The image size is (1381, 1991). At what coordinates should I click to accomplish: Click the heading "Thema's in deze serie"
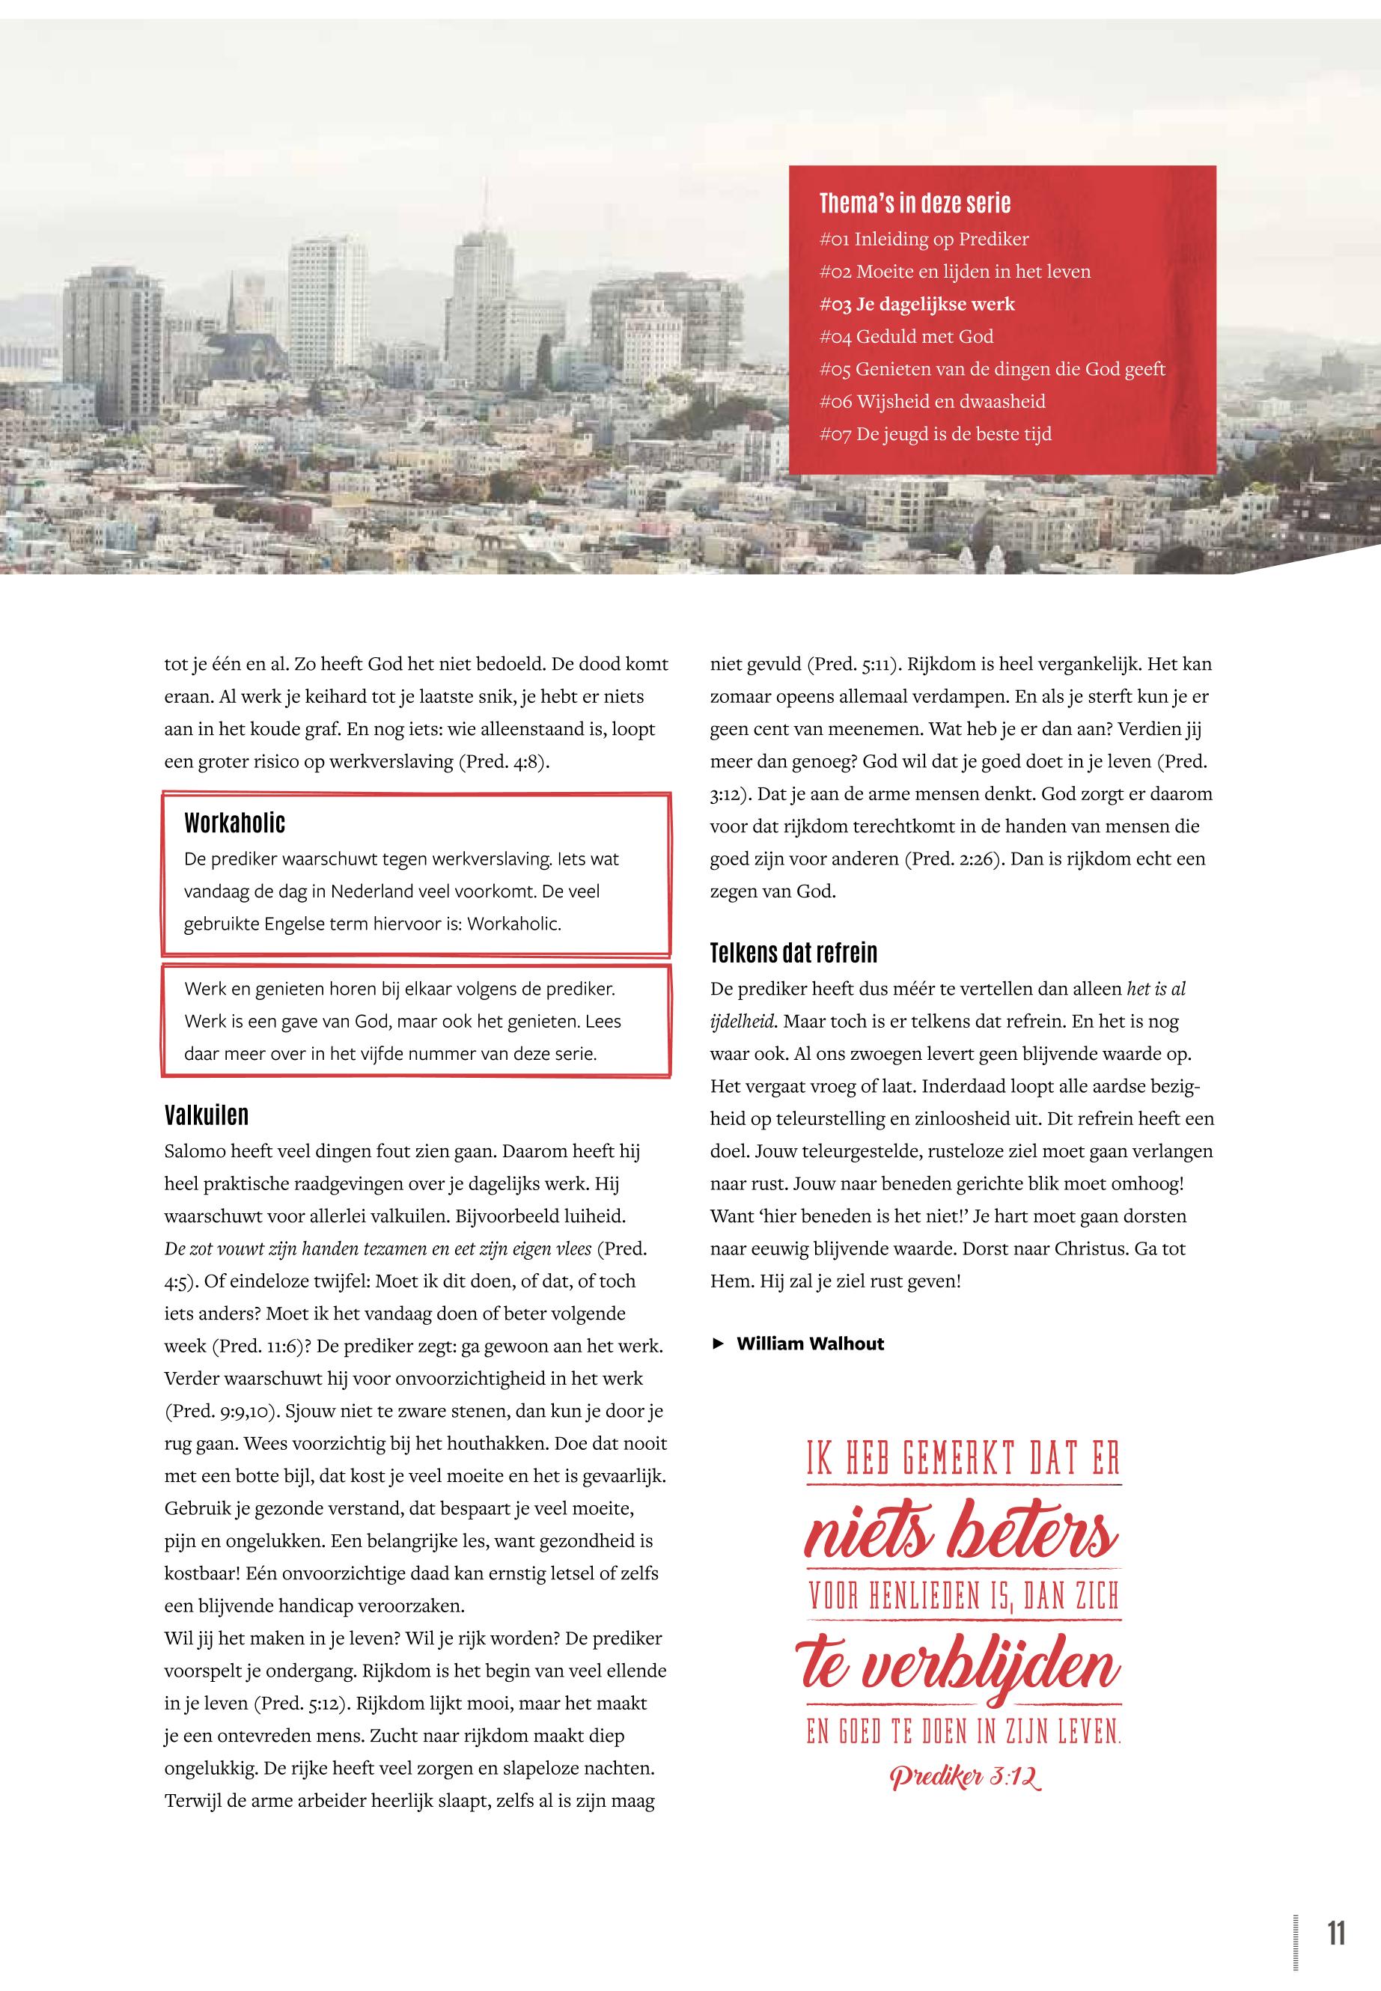915,204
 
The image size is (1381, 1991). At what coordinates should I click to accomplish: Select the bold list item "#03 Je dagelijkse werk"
917,305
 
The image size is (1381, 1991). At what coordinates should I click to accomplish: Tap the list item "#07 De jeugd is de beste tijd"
936,434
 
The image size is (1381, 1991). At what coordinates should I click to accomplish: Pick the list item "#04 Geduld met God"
906,337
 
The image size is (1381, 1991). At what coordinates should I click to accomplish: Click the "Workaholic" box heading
234,822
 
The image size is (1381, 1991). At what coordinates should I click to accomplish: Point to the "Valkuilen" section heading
206,1115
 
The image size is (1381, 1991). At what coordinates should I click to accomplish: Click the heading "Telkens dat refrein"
793,953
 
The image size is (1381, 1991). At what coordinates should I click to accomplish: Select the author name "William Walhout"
810,1344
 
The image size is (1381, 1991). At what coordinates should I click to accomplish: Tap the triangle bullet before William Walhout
717,1344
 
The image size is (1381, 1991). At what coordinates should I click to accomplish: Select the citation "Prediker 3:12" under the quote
965,1777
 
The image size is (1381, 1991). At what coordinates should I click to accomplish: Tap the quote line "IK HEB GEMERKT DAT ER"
963,1459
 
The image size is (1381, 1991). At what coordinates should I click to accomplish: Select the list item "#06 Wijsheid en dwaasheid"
932,401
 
